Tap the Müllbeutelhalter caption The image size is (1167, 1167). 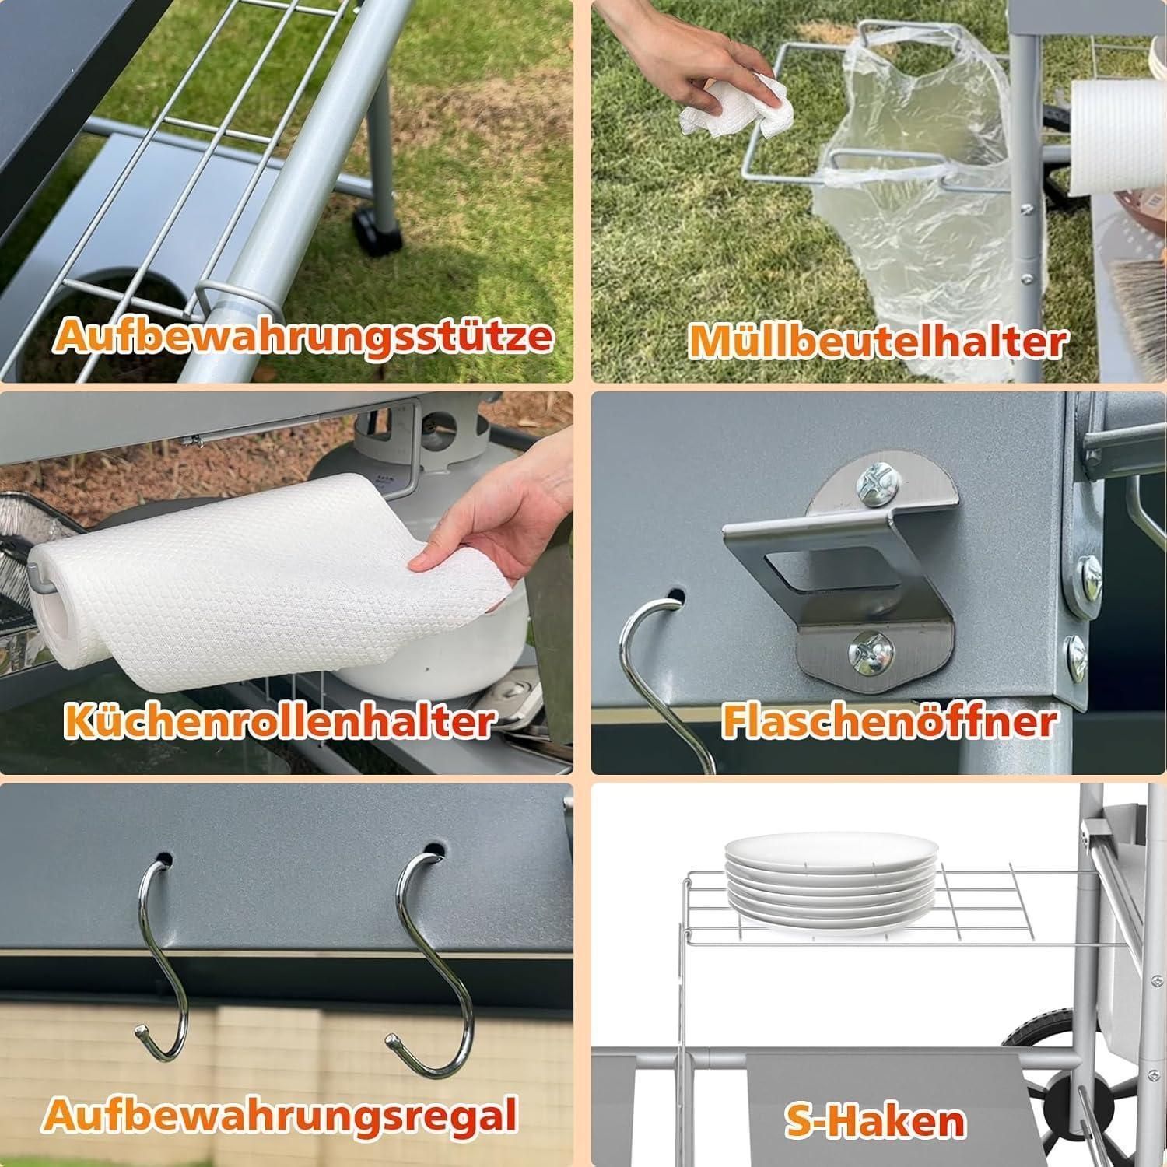878,341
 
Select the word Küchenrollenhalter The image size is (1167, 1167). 279,720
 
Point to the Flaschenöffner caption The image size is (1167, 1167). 889,720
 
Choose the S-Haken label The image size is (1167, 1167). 875,1120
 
